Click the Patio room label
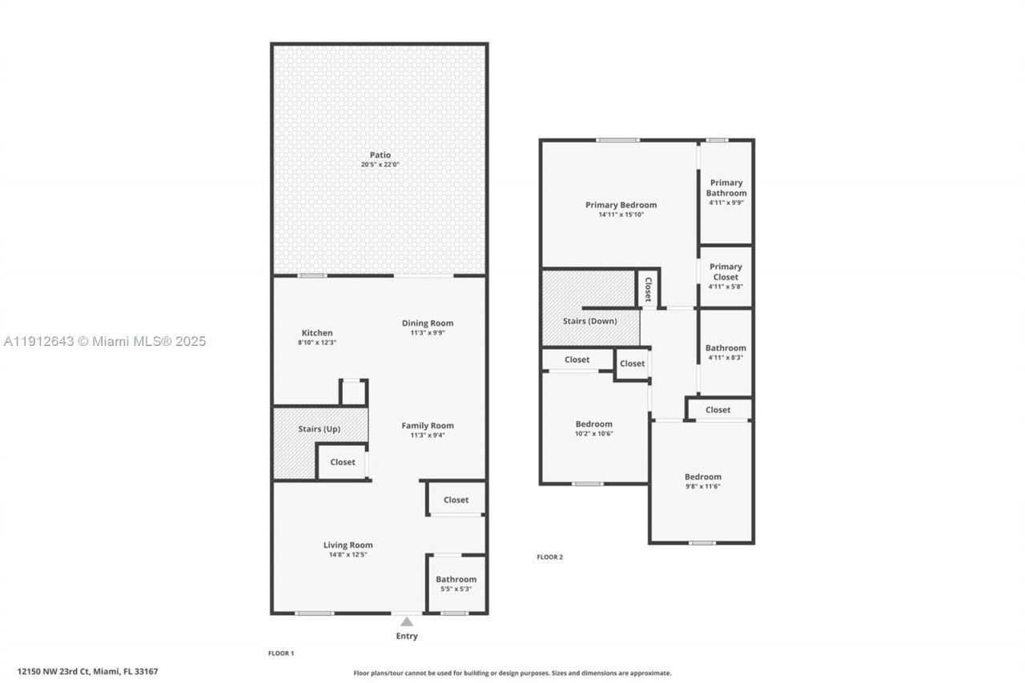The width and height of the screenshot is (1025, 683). pos(380,155)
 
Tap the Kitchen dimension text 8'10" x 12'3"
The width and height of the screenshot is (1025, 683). pos(316,343)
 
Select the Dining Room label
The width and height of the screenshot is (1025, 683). pos(428,323)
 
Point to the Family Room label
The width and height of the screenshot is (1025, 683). pos(428,426)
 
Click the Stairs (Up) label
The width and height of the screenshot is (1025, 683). pos(319,429)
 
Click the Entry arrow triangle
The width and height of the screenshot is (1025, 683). pos(407,621)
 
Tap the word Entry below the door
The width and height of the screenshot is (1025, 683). pos(406,637)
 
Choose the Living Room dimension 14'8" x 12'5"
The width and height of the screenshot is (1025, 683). pos(348,554)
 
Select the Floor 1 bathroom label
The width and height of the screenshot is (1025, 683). pos(456,580)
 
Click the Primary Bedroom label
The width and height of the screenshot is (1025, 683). pos(621,205)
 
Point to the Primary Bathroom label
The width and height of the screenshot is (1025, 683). pos(726,188)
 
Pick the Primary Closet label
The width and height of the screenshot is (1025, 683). pos(726,272)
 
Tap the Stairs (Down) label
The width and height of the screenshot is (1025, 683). pos(589,321)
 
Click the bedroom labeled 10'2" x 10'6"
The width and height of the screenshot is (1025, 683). pos(594,424)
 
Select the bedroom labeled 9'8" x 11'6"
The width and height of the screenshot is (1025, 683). pos(702,477)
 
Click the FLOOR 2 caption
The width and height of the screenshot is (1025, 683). pos(549,557)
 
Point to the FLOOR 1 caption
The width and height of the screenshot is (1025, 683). pos(281,653)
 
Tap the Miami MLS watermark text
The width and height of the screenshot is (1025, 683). pos(104,342)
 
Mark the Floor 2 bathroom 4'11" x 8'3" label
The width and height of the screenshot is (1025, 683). pos(726,348)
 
